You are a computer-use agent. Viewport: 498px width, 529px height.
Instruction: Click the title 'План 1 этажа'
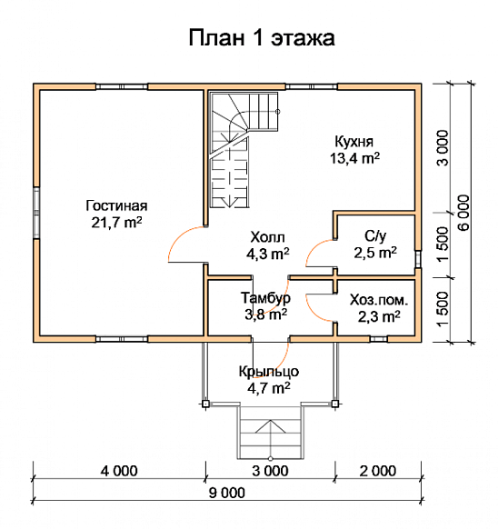point(262,38)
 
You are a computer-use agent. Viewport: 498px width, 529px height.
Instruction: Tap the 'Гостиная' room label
point(116,204)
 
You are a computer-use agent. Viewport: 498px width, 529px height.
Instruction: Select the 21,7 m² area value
point(116,222)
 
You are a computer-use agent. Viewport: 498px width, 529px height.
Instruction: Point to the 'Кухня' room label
point(354,141)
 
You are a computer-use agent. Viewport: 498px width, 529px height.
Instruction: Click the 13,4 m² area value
point(354,158)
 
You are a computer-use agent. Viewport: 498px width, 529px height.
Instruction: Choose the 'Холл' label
point(266,237)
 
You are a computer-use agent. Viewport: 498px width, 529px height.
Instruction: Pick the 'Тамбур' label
point(265,298)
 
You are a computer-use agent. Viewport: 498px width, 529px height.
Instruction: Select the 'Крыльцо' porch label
point(269,371)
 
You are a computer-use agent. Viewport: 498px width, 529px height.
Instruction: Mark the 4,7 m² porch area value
point(269,388)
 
